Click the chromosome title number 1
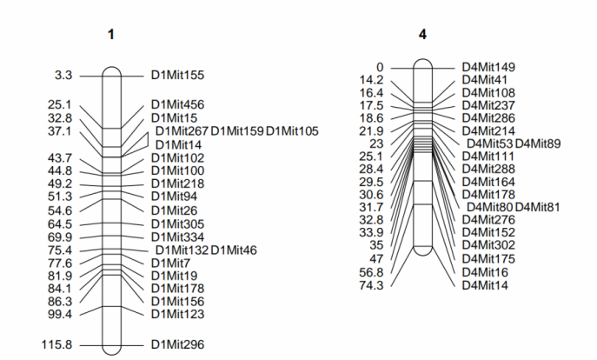pos(110,35)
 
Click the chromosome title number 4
pos(422,35)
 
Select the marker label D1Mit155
pos(177,75)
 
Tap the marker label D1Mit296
pos(177,344)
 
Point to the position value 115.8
pos(56,344)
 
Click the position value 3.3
pos(63,75)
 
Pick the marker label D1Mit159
pos(237,131)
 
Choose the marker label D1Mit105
pos(292,131)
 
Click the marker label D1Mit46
pos(234,250)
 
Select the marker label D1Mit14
pos(178,145)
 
